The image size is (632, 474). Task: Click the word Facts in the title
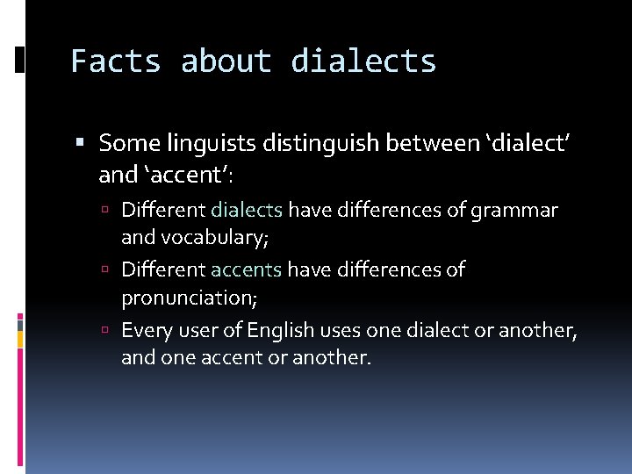point(116,61)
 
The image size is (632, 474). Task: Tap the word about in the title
point(226,61)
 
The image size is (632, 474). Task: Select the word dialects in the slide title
point(363,61)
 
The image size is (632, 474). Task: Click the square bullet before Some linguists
point(80,142)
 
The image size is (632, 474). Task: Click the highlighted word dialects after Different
point(247,211)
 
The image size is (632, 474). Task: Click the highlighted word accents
point(246,269)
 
